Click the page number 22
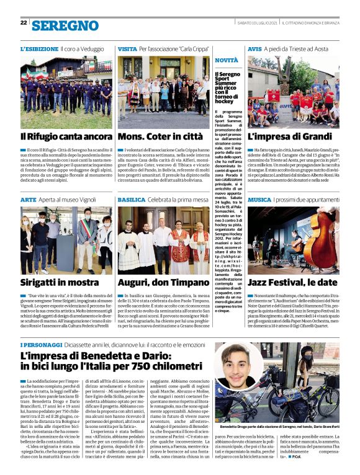tap(24, 23)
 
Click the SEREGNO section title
tap(65, 25)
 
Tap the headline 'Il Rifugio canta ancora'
tap(66, 136)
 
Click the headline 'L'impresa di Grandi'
tap(289, 136)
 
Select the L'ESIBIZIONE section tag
tap(39, 48)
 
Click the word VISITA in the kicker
tap(127, 48)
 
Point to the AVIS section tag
tap(254, 48)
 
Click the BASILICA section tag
tap(131, 200)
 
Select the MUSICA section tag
tap(259, 200)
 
